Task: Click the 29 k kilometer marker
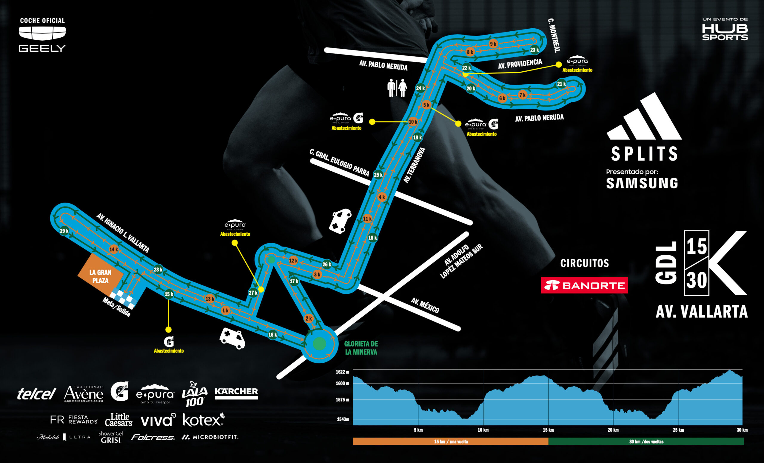tap(64, 231)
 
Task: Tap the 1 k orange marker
tap(225, 310)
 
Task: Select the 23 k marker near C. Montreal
tap(535, 50)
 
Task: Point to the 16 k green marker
tap(272, 335)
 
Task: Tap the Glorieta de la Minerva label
tap(361, 348)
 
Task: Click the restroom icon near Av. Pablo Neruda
tap(397, 88)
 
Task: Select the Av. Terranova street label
tap(415, 165)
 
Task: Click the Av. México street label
tap(425, 305)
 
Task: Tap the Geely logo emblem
tap(42, 33)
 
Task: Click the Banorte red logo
tap(584, 285)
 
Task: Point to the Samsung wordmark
tap(642, 183)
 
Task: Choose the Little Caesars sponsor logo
tap(119, 420)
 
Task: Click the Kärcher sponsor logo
tap(236, 393)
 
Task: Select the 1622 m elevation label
tap(342, 372)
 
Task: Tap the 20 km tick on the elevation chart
tap(613, 430)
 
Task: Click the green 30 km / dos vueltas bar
tap(646, 441)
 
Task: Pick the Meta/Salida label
tap(116, 307)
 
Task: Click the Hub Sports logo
tap(725, 30)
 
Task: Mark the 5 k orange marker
tap(426, 105)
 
